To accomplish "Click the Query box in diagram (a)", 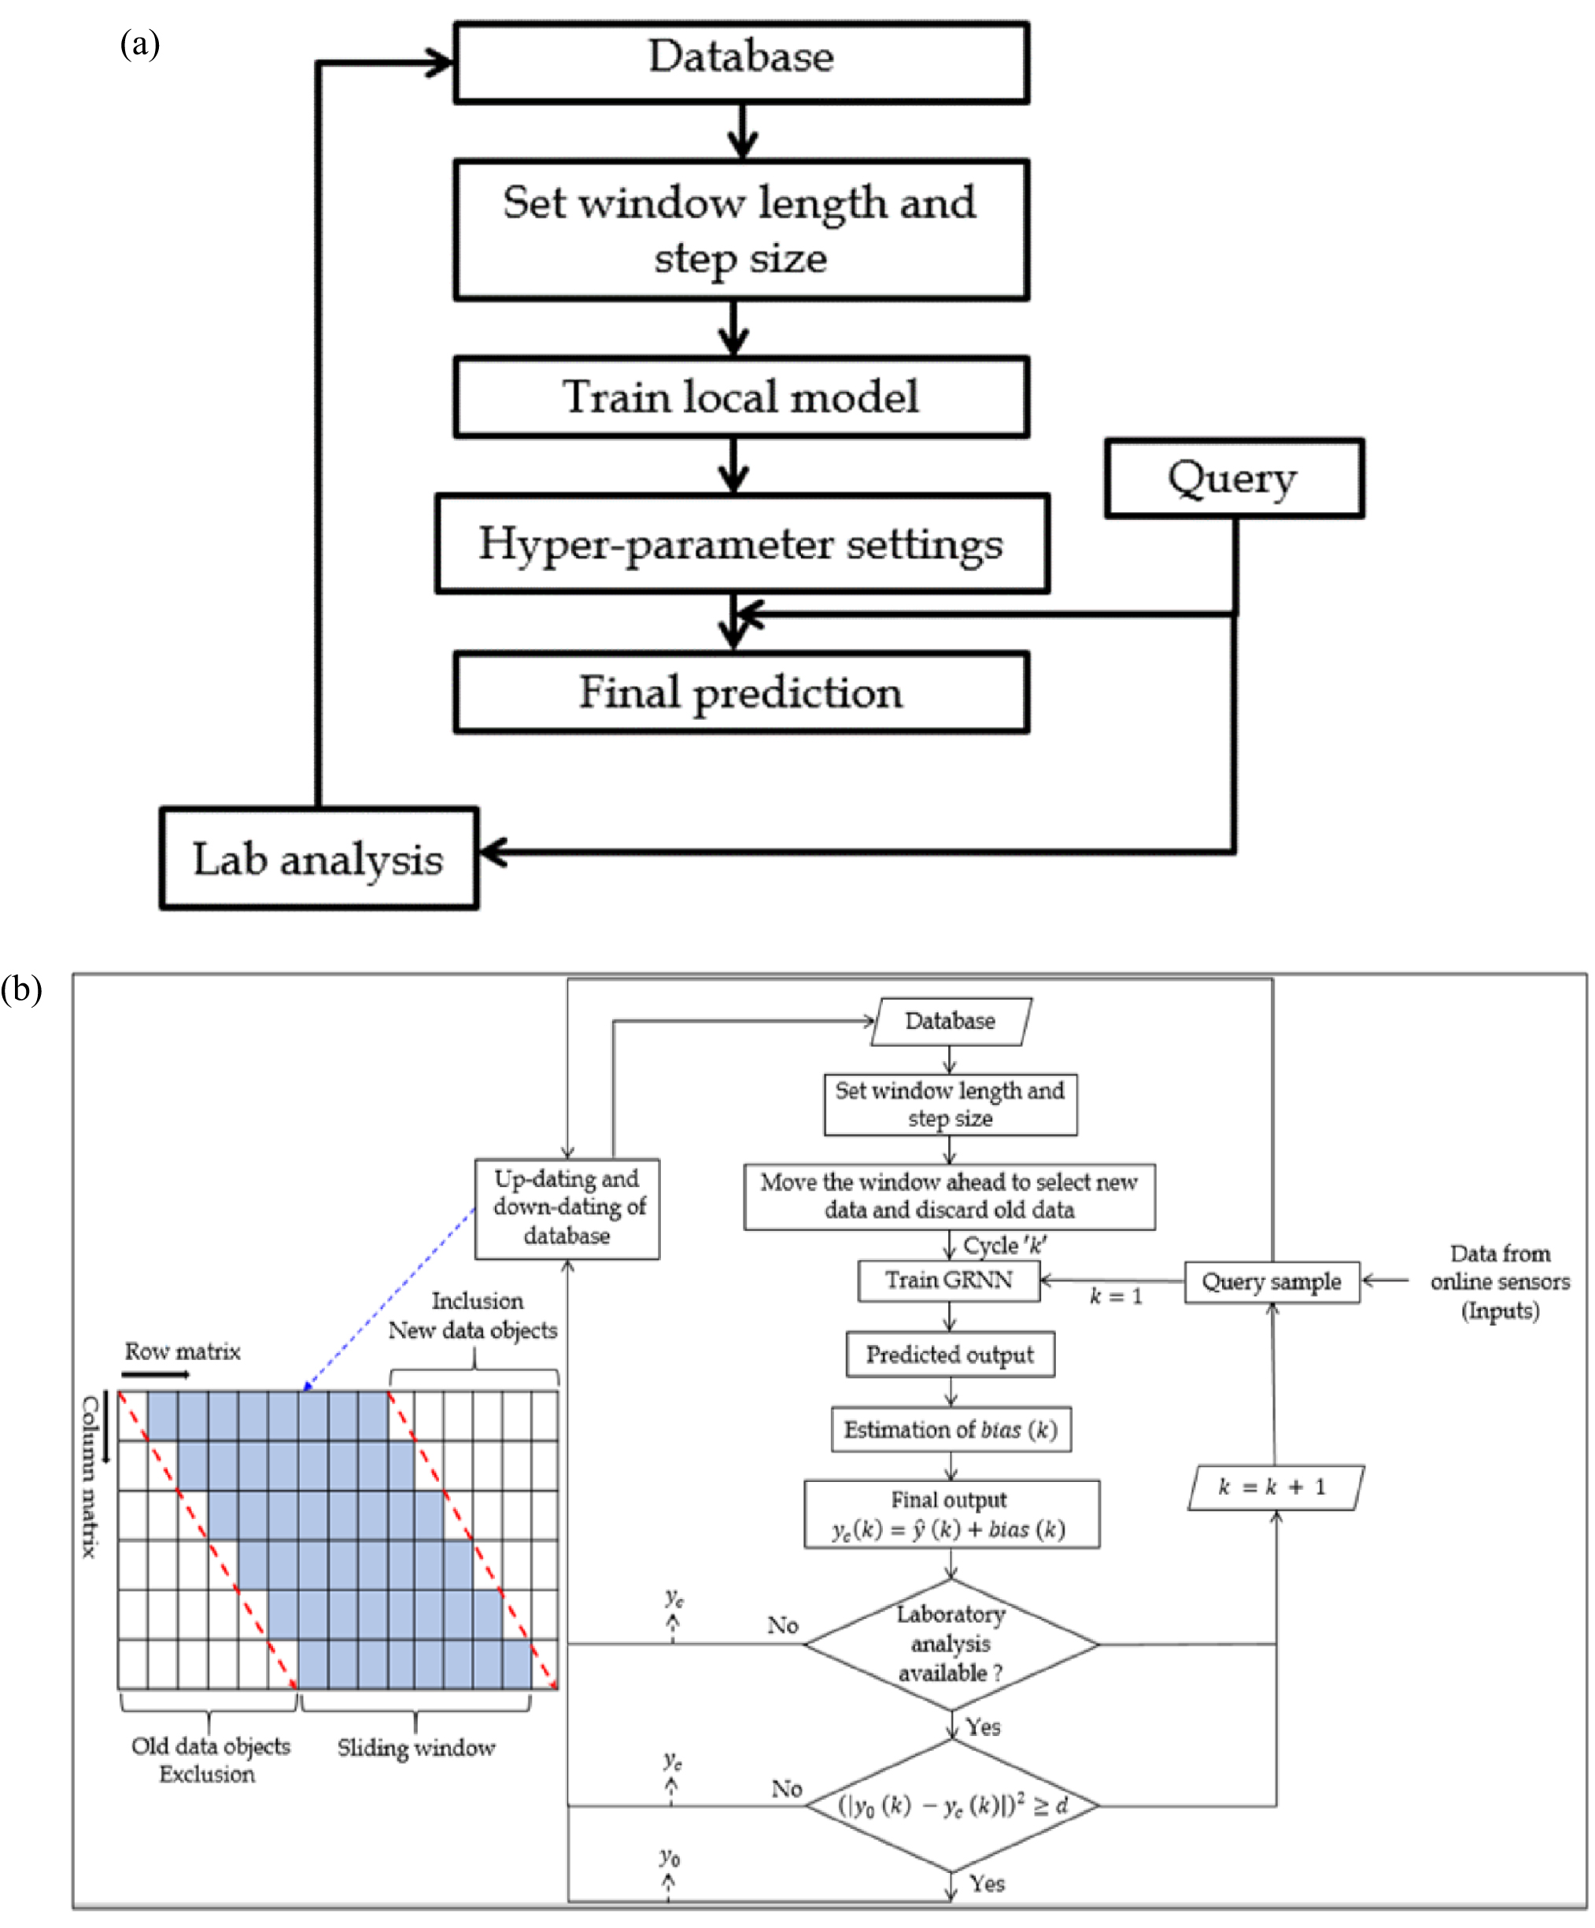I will coord(1232,478).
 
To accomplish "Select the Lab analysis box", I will coord(318,858).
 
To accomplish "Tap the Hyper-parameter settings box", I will coord(741,544).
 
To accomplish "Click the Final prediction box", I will coord(740,692).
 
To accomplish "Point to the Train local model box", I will coord(740,396).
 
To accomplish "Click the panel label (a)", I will coord(139,43).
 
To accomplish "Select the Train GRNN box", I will coord(947,1280).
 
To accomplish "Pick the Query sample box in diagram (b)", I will coord(1271,1281).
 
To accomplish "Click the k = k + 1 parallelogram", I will coord(1275,1487).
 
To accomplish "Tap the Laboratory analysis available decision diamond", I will coord(951,1644).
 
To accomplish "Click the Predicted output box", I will coord(950,1355).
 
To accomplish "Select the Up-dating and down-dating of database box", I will coord(567,1207).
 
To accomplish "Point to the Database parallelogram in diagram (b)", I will coord(950,1021).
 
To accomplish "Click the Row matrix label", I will coord(182,1351).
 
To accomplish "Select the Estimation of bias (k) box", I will coord(951,1429).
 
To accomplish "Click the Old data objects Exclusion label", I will coord(209,1759).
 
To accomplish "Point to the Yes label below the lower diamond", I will coord(986,1884).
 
